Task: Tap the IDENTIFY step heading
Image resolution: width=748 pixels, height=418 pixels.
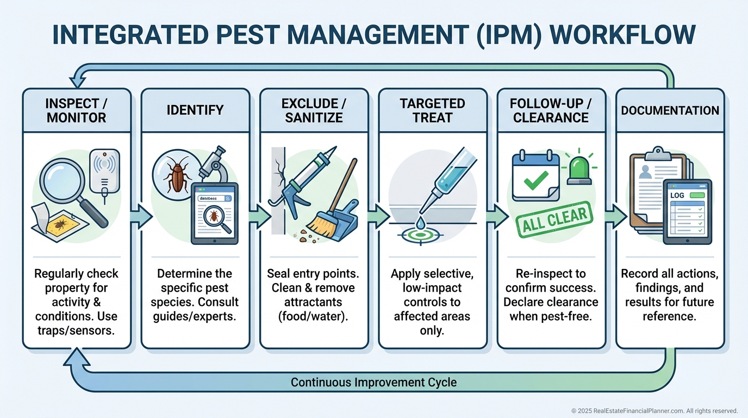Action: tap(195, 110)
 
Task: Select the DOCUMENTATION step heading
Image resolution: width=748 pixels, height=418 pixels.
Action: tap(670, 110)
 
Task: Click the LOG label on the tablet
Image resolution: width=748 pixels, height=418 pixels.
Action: tap(677, 195)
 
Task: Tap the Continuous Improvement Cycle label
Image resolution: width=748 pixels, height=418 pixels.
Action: tap(373, 382)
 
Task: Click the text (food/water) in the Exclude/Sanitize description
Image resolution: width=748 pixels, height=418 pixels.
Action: tap(314, 316)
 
